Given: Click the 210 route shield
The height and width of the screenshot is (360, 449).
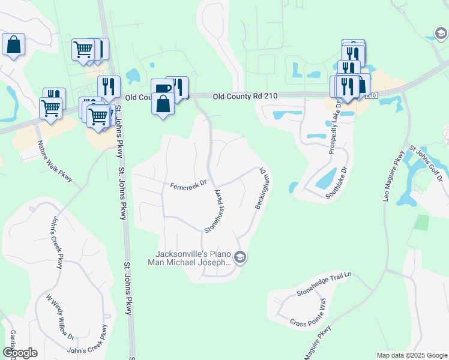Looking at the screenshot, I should click(x=371, y=96).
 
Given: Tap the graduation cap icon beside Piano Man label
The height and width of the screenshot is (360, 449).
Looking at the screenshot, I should click(x=240, y=258).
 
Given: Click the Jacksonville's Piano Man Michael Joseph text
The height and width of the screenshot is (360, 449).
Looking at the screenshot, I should click(x=189, y=258).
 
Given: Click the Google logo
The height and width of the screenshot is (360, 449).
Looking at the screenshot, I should click(x=20, y=353).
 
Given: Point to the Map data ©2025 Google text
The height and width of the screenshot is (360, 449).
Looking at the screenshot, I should click(x=411, y=355).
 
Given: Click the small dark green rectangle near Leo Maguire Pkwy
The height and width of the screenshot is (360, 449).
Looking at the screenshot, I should click(x=423, y=222).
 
